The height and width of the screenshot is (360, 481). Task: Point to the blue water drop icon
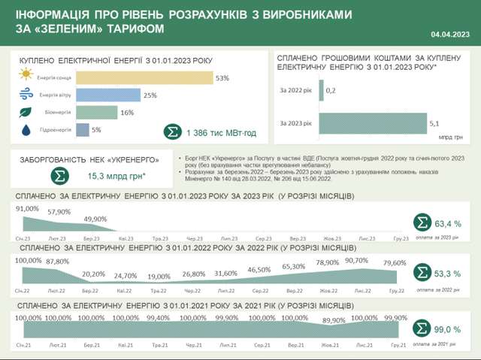pos(26,130)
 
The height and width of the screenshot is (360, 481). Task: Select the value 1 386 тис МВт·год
pos(222,132)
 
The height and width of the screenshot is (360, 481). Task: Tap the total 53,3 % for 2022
pos(448,274)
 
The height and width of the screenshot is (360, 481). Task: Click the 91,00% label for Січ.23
pos(26,209)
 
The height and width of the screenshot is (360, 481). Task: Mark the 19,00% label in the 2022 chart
pos(159,277)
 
